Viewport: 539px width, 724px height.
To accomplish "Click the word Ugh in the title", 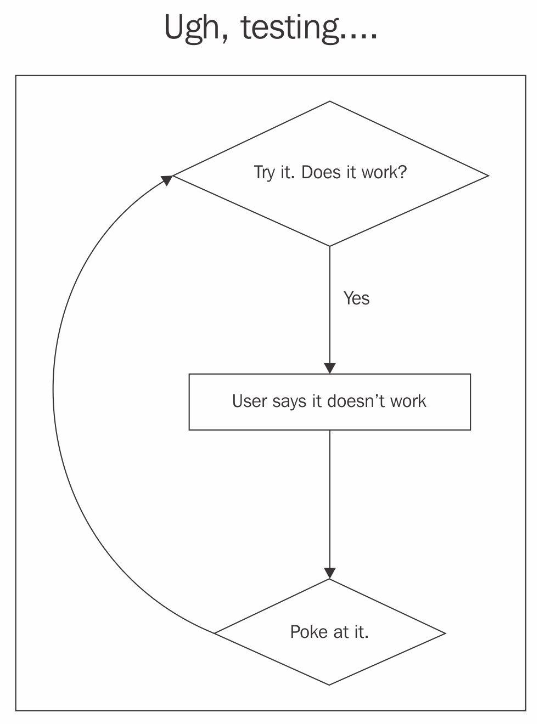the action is point(196,29).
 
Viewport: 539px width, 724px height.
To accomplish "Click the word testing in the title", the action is point(289,29).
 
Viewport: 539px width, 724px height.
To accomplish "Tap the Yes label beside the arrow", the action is point(356,298).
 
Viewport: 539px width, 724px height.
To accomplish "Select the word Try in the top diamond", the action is point(264,173).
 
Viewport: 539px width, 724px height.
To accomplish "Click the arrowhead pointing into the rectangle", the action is point(330,368).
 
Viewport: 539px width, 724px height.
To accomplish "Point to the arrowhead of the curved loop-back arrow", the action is point(167,180).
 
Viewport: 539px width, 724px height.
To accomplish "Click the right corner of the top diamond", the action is point(489,176).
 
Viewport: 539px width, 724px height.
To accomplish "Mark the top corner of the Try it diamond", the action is point(330,101).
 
